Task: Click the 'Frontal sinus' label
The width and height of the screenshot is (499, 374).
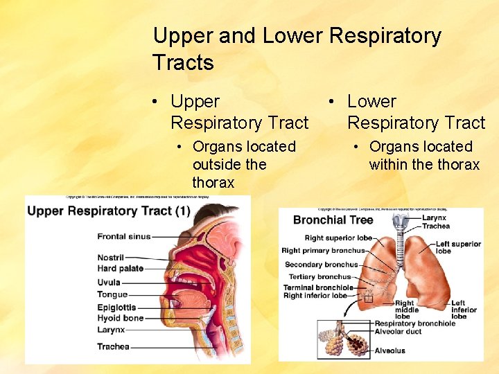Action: click(123, 237)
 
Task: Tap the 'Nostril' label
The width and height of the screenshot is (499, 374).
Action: click(110, 258)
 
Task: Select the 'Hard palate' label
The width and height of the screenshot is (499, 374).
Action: click(120, 269)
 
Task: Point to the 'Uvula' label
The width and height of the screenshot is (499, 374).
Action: click(109, 283)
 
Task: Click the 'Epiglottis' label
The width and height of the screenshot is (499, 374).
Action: click(116, 307)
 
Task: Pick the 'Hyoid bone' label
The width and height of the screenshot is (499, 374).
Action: click(120, 318)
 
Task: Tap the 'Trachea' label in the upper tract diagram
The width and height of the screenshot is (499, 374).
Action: click(113, 346)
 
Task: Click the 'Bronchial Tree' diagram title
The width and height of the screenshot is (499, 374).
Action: click(333, 220)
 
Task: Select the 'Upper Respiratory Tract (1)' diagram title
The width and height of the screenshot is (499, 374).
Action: click(109, 211)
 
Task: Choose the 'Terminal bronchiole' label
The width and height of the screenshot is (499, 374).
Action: click(318, 287)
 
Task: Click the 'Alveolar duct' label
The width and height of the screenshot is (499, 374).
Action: click(399, 332)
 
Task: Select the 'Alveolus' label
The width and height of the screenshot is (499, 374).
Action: click(389, 351)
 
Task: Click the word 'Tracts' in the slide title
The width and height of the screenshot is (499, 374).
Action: click(183, 63)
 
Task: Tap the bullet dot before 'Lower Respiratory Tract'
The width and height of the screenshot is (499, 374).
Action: click(333, 102)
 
